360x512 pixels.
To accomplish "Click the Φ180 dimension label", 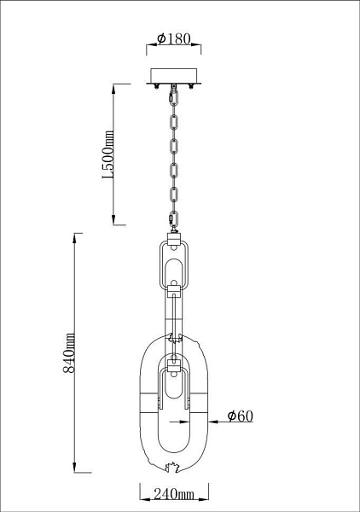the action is tap(173, 38).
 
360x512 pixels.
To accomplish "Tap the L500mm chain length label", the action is tap(108, 154).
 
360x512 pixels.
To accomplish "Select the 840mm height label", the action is tap(69, 353).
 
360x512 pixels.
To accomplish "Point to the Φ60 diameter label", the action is tap(241, 416).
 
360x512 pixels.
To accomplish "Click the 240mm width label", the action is tap(174, 494).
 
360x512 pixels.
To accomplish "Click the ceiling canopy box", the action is tap(174, 76).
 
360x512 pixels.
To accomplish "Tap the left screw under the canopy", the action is tap(157, 86).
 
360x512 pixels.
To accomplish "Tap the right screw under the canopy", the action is tap(190, 86).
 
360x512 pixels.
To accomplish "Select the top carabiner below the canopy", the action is tap(173, 97).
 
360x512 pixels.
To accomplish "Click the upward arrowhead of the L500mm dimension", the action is tap(113, 89).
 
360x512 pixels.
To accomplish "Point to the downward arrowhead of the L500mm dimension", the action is tap(113, 220).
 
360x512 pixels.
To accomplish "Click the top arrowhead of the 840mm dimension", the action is tap(75, 238).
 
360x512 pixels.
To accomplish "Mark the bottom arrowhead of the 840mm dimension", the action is tap(75, 468).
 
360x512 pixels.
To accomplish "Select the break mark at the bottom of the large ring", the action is tap(173, 468).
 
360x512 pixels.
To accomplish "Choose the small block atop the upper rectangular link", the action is tap(174, 239).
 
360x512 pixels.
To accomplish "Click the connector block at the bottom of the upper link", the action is tap(174, 291).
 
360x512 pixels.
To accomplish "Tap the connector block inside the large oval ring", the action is tap(173, 365).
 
